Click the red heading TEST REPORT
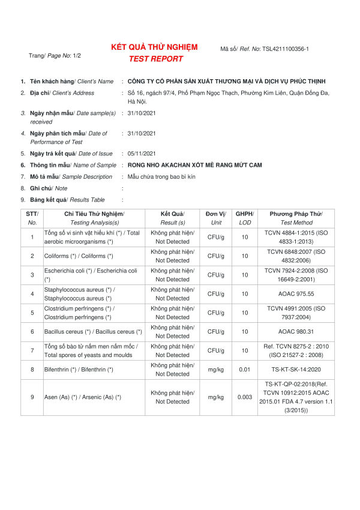click(155, 59)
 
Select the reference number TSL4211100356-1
click(285, 49)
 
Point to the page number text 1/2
click(77, 56)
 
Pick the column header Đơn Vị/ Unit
click(215, 218)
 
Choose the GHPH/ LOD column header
click(244, 218)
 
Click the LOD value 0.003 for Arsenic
click(244, 397)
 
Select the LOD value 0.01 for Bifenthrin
click(244, 369)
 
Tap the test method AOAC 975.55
click(296, 293)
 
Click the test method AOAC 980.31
click(296, 331)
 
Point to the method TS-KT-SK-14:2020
click(296, 369)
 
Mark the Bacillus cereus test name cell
click(93, 331)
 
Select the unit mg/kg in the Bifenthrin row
click(215, 369)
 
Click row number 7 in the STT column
click(32, 350)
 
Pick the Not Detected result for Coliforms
click(172, 260)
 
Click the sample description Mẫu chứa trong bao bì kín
click(161, 176)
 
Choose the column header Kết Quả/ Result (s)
click(172, 218)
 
